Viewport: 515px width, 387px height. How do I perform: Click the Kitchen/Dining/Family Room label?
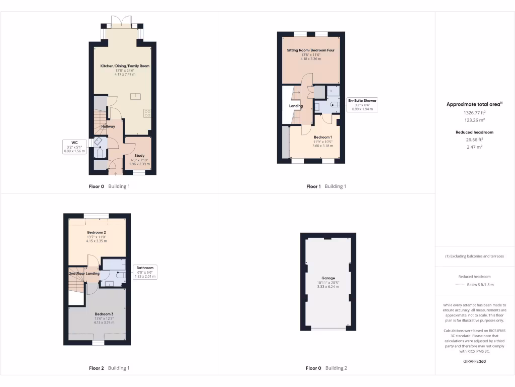(x=125, y=66)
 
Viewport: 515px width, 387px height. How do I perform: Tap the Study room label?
(x=139, y=156)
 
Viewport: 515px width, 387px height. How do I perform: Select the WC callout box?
(x=74, y=147)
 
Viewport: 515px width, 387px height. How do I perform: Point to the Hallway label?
(x=108, y=126)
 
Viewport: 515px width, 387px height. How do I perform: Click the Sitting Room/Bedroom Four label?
(x=311, y=50)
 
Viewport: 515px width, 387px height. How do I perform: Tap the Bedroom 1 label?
(x=323, y=137)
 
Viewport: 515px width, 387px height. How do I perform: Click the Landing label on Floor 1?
(x=296, y=106)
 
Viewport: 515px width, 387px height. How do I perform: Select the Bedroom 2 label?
(x=97, y=232)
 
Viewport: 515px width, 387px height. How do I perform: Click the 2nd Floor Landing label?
(x=84, y=274)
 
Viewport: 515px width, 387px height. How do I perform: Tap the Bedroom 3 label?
(x=104, y=314)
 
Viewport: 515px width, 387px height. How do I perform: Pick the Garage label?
(x=328, y=278)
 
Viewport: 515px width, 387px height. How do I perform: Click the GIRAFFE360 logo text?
(x=474, y=361)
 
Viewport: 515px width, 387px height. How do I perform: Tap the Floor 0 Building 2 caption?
(x=326, y=368)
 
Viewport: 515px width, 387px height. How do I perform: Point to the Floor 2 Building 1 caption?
(x=109, y=368)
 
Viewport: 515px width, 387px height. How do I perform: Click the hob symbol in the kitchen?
(x=147, y=113)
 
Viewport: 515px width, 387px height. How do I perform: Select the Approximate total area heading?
(x=474, y=104)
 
